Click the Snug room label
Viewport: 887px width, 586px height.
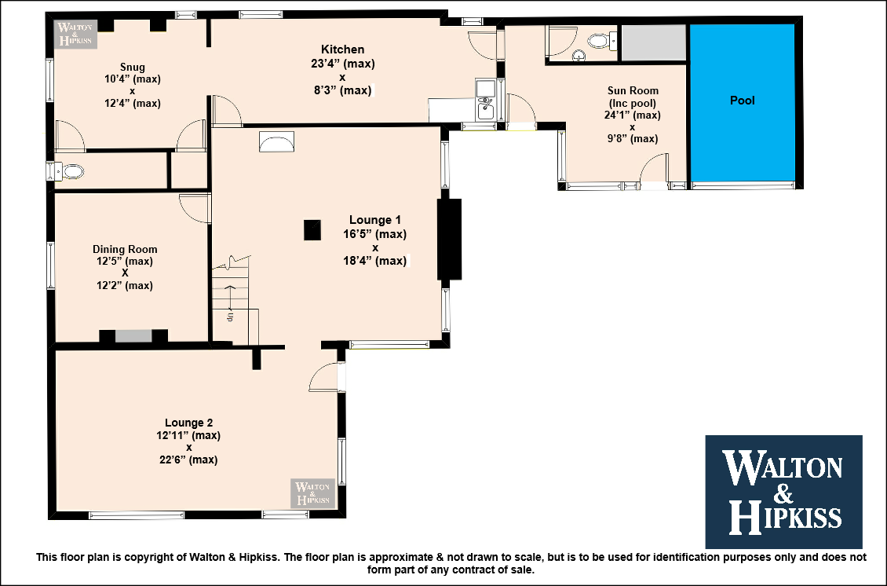point(133,67)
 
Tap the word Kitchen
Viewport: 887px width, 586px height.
point(343,49)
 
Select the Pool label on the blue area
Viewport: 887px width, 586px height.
point(743,101)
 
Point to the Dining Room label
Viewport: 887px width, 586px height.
point(125,249)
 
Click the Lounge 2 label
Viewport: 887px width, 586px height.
point(189,423)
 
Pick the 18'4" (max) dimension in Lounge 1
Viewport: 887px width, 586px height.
point(374,261)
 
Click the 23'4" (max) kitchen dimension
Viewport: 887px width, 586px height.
point(343,64)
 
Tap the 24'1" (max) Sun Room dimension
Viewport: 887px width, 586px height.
point(633,115)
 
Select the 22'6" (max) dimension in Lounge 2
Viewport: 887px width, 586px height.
point(188,460)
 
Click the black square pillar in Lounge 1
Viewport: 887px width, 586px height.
point(312,230)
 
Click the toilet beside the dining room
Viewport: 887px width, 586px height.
point(69,171)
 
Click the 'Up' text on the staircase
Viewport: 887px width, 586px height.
point(230,317)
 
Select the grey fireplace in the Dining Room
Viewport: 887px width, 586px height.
point(133,335)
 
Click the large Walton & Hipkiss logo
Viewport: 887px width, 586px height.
point(783,492)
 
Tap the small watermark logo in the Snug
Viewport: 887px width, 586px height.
point(75,34)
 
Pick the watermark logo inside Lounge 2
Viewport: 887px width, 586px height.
point(313,493)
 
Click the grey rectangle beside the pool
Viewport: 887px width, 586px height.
point(654,42)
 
